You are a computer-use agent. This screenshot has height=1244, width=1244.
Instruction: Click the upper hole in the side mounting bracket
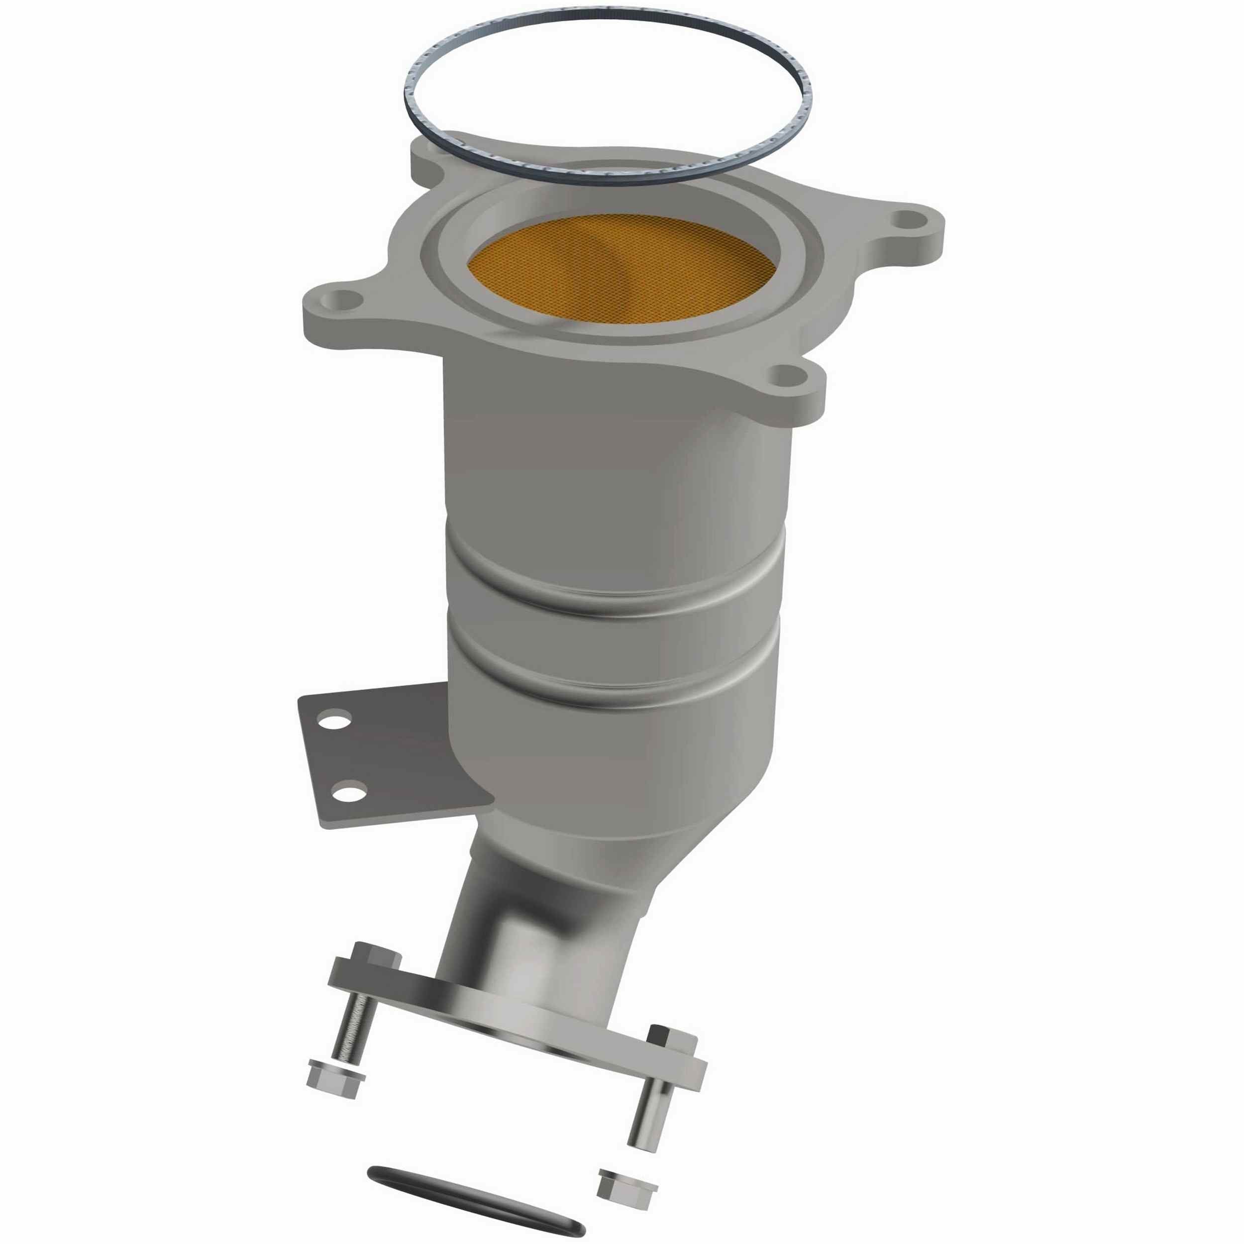tap(337, 718)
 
